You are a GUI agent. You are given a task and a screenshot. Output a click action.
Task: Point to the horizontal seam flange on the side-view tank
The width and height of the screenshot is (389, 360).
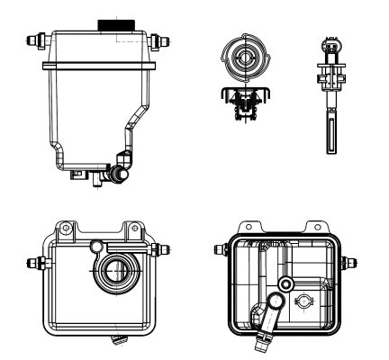[x=99, y=64]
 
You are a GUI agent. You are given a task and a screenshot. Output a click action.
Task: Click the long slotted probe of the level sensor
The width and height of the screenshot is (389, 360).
[x=330, y=130]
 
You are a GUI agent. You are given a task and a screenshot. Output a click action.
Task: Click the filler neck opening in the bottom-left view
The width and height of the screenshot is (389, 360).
[x=115, y=269]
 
